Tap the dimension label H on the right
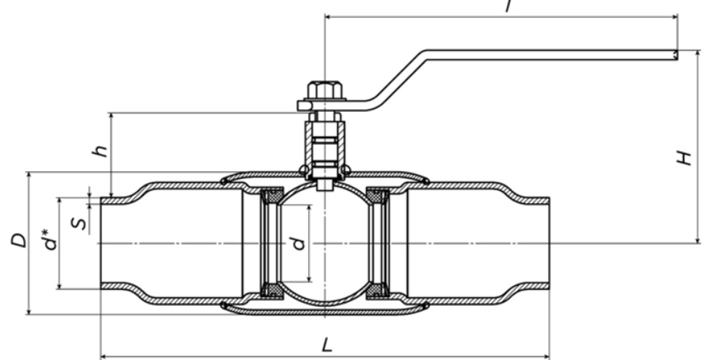pos(684,158)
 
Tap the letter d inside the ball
pos(299,242)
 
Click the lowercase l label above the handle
pos(508,6)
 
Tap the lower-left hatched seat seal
pos(272,290)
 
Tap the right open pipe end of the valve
pos(549,242)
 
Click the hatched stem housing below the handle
pos(324,146)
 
